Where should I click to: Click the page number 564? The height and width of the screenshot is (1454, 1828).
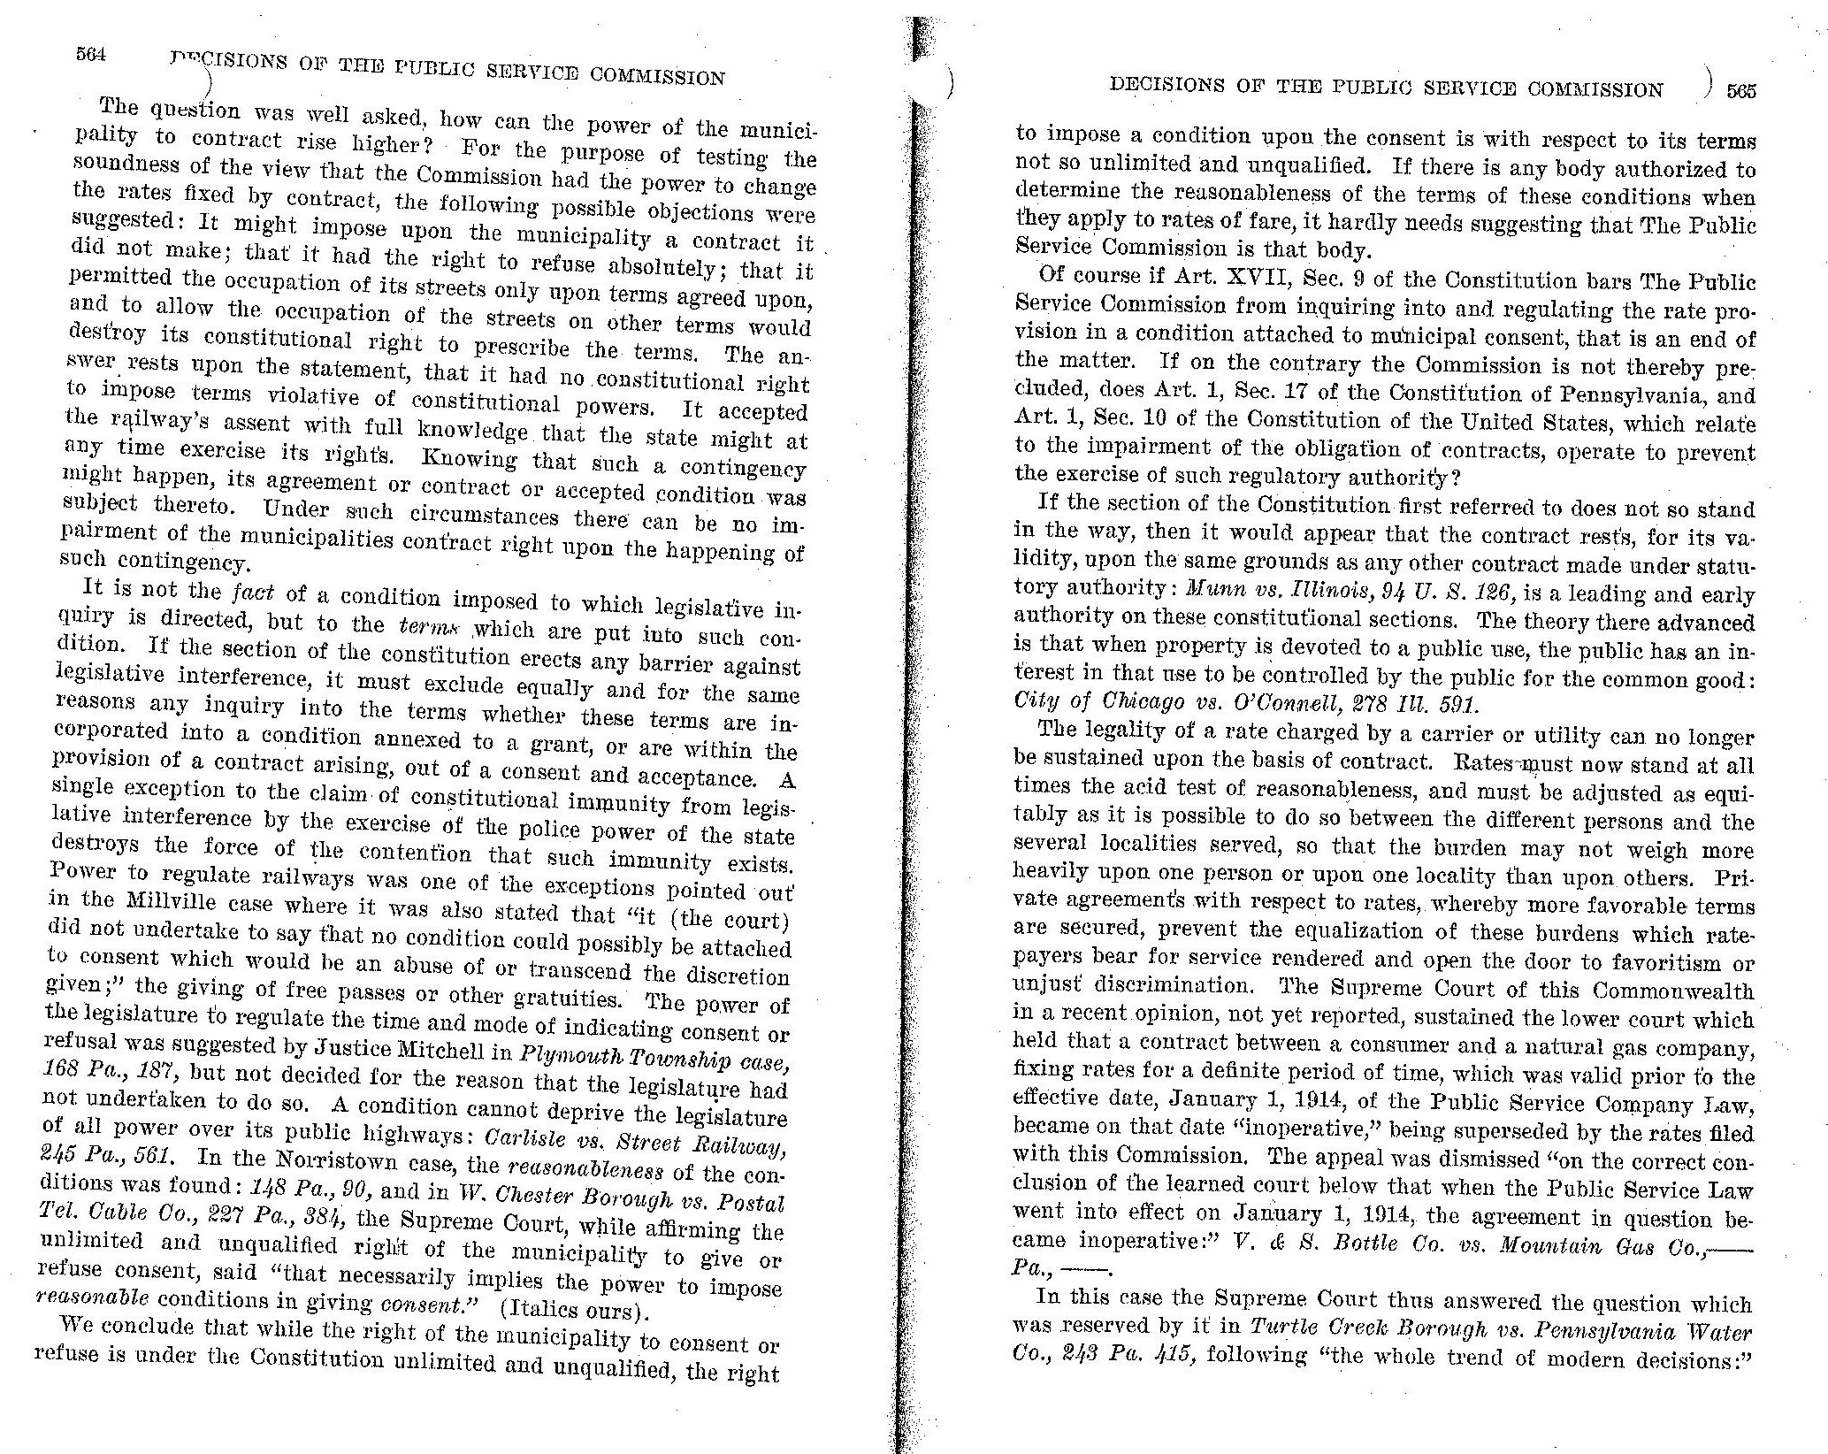click(x=90, y=54)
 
